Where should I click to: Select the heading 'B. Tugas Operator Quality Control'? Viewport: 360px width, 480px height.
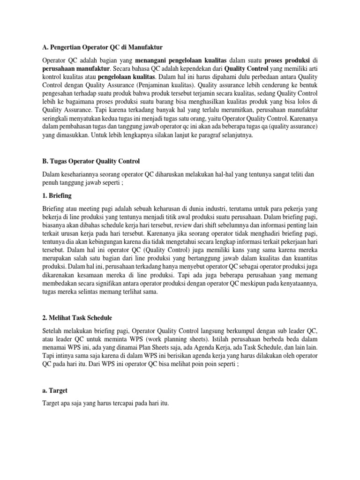[x=91, y=161]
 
